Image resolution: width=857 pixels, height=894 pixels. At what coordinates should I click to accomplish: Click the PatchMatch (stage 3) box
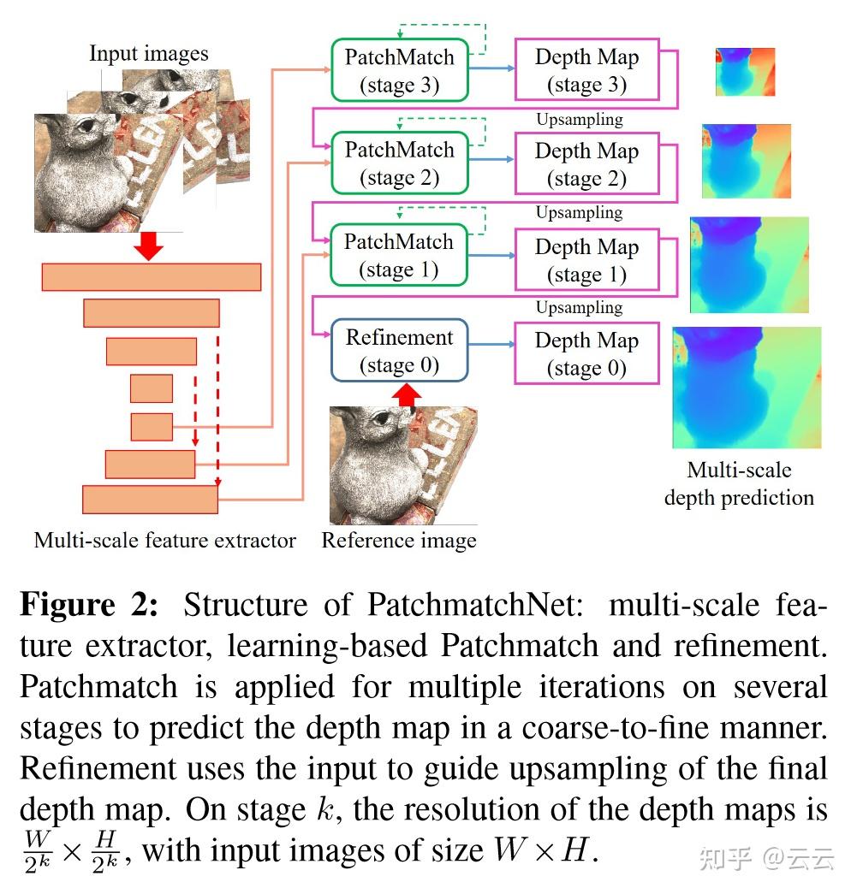point(399,70)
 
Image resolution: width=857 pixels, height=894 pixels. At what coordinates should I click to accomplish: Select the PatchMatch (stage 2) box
point(399,163)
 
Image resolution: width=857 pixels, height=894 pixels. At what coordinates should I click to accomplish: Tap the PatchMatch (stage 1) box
point(399,256)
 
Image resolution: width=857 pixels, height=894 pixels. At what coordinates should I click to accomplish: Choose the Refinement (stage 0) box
point(399,351)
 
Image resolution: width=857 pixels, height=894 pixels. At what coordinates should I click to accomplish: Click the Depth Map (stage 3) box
point(586,70)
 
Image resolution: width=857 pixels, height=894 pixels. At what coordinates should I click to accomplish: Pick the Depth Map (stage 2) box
point(586,164)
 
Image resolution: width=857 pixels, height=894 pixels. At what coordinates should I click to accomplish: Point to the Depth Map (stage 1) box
point(586,260)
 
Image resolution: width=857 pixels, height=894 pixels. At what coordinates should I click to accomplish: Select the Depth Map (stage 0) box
point(586,353)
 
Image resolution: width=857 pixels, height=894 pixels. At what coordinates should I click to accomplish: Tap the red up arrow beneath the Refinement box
point(407,394)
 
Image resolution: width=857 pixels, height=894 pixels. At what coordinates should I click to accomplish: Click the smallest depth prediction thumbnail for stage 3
point(745,73)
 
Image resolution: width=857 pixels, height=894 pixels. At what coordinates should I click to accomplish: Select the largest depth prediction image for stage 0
point(747,387)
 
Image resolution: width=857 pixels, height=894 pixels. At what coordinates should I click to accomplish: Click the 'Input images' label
point(149,54)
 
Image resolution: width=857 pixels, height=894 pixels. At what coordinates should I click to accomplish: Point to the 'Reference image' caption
point(399,541)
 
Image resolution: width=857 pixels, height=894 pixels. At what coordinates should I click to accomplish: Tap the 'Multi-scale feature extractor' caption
point(165,541)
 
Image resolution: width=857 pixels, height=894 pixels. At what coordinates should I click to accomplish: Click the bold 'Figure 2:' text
point(89,605)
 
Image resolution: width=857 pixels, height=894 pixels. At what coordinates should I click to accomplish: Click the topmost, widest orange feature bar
point(152,277)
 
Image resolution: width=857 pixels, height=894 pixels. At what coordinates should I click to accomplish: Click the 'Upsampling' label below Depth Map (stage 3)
point(580,120)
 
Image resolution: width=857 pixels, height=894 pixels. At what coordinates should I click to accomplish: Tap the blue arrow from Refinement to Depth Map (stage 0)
point(491,346)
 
